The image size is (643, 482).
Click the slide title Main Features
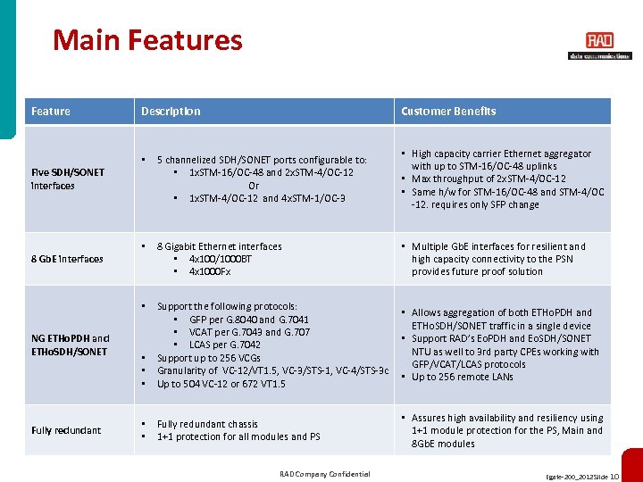pyautogui.click(x=147, y=40)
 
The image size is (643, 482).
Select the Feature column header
pyautogui.click(x=51, y=112)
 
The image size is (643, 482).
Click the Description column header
pyautogui.click(x=171, y=112)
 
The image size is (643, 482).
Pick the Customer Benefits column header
pyautogui.click(x=448, y=112)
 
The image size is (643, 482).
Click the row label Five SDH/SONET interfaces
pyautogui.click(x=68, y=179)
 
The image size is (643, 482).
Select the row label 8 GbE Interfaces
pyautogui.click(x=67, y=259)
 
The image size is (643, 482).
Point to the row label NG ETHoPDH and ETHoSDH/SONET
pyautogui.click(x=71, y=345)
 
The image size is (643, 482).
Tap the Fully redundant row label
pyautogui.click(x=66, y=430)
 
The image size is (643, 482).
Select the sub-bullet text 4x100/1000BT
pyautogui.click(x=221, y=259)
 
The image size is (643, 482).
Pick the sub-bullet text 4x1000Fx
pyautogui.click(x=210, y=271)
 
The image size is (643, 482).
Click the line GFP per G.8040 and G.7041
pyautogui.click(x=249, y=320)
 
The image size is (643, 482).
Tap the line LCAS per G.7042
pyautogui.click(x=224, y=345)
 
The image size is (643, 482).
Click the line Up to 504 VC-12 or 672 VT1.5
pyautogui.click(x=221, y=384)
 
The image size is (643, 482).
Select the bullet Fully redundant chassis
pyautogui.click(x=207, y=424)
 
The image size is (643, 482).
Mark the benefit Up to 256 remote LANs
pyautogui.click(x=462, y=378)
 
